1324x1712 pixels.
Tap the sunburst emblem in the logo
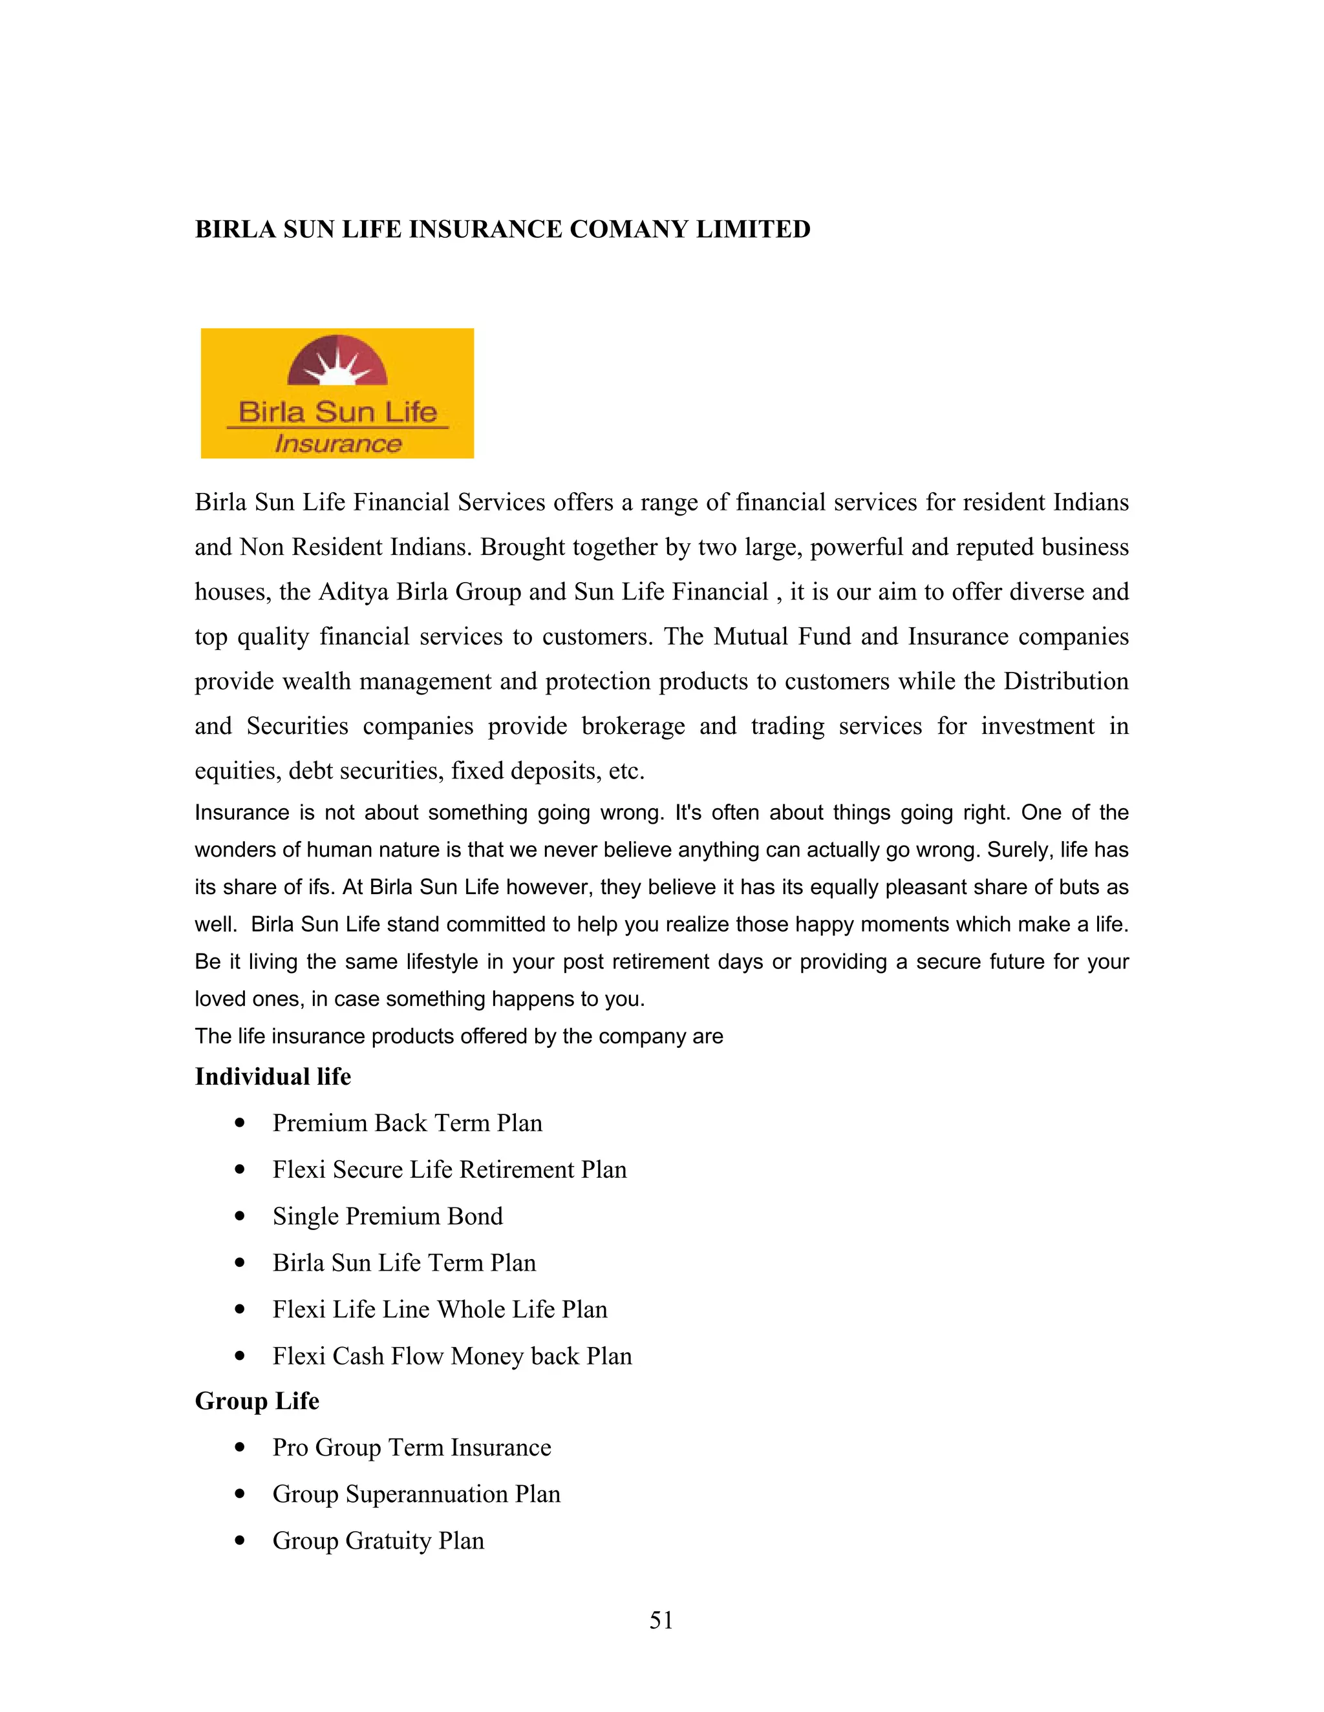337,362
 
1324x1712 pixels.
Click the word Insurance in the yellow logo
337,444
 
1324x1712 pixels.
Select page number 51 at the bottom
661,1620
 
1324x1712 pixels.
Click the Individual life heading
272,1076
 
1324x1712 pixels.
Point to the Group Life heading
257,1401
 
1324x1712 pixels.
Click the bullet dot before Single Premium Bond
240,1216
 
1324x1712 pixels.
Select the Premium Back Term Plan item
407,1123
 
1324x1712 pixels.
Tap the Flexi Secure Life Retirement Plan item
449,1169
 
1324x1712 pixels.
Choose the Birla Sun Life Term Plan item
404,1263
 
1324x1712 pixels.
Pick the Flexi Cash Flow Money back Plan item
452,1356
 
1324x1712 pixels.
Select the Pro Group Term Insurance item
411,1447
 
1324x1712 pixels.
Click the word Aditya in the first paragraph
353,592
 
